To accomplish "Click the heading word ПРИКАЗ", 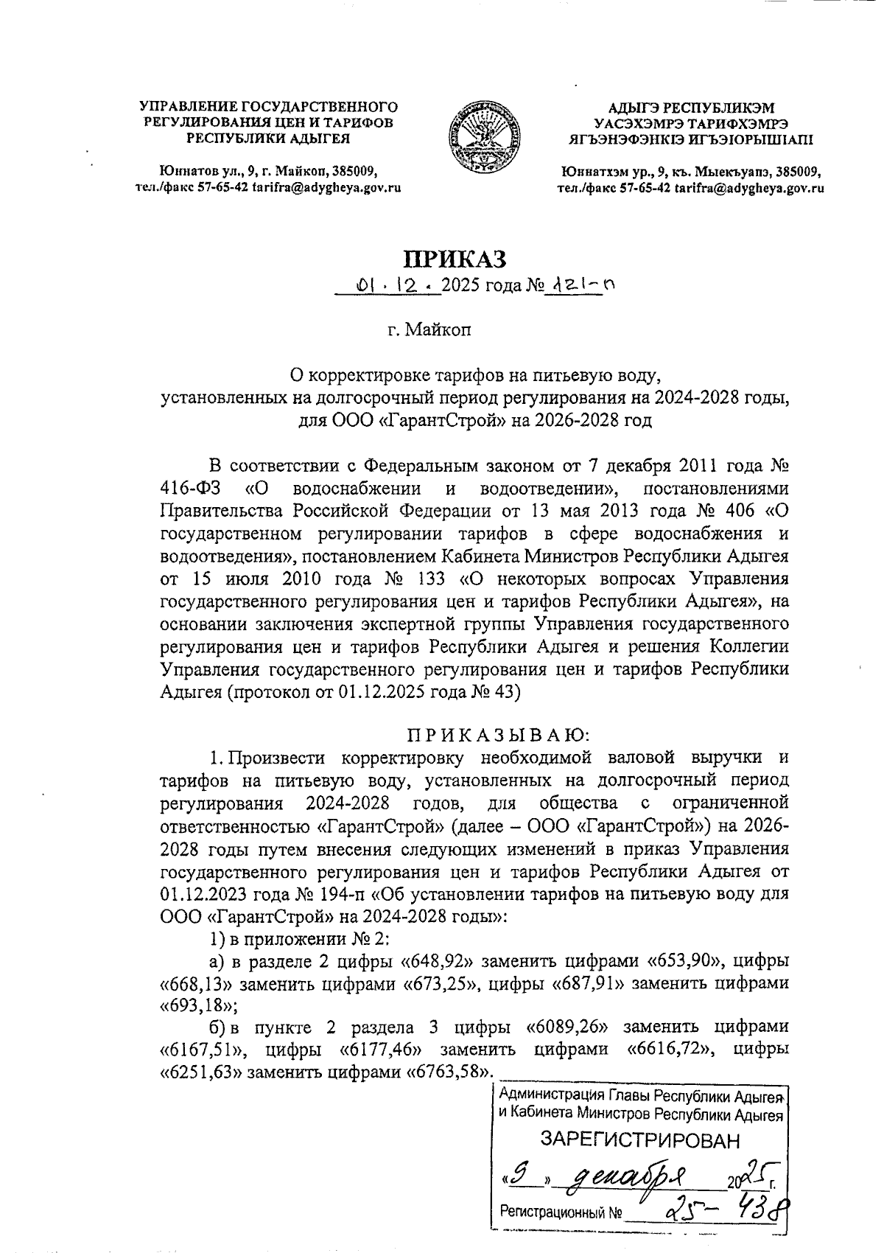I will click(455, 259).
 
